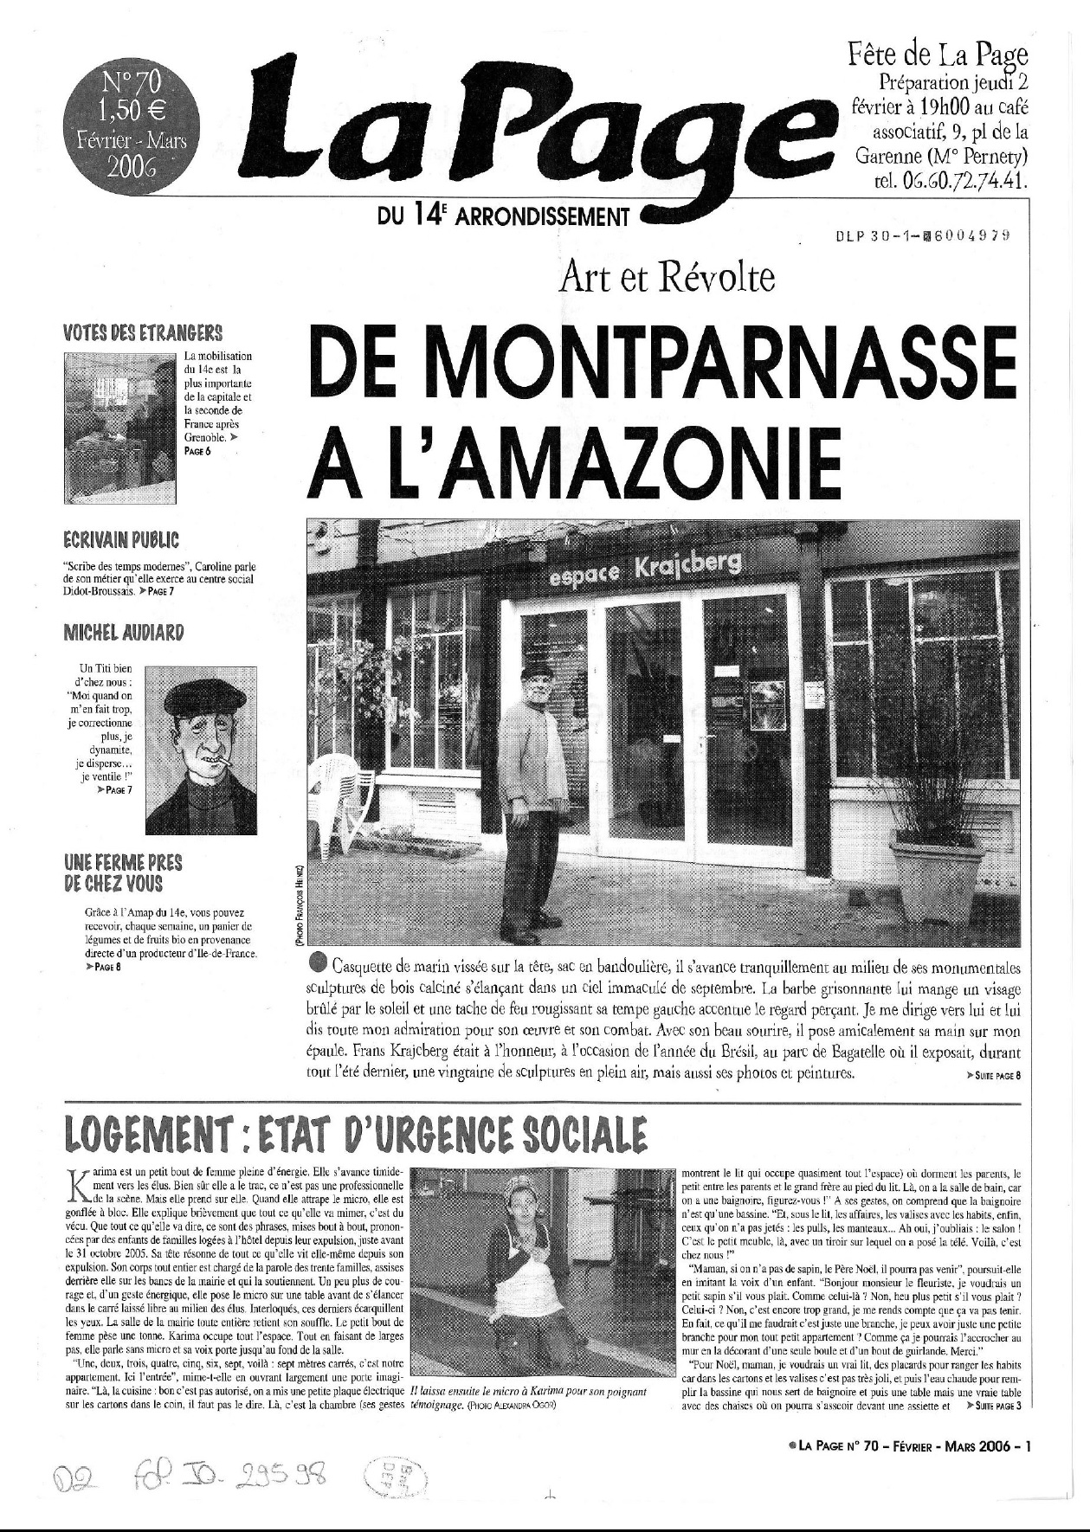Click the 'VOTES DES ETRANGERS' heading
pyautogui.click(x=143, y=333)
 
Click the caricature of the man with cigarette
pyautogui.click(x=201, y=750)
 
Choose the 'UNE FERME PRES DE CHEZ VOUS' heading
pyautogui.click(x=123, y=873)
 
